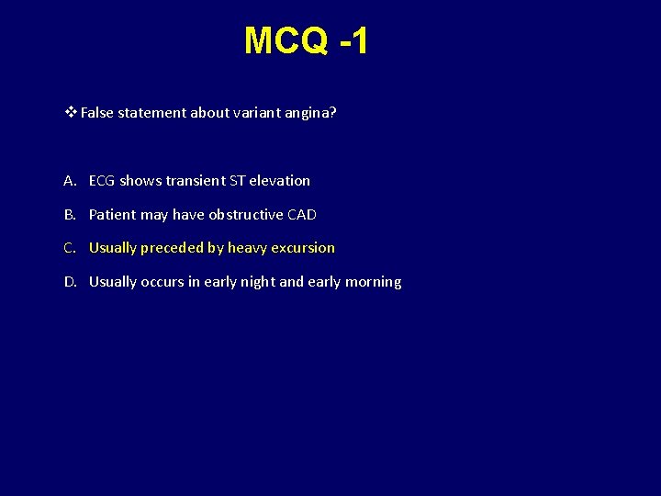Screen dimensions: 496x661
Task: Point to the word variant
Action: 239,113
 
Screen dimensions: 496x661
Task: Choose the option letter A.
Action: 70,181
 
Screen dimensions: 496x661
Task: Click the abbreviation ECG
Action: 103,181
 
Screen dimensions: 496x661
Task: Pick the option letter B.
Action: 70,215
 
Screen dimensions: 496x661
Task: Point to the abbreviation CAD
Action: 302,215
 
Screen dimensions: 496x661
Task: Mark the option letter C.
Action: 70,248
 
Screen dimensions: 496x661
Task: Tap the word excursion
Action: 303,248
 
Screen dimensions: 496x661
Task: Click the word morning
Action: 373,282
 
